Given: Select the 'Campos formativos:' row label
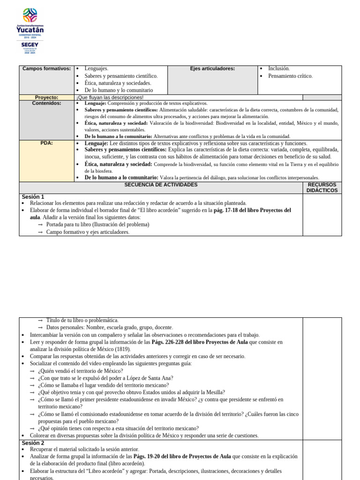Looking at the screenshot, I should tap(46, 69).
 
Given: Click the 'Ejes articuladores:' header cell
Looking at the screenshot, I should tap(212, 69).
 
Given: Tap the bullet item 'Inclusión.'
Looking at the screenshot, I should tap(279, 68).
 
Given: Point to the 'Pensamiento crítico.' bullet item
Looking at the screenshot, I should tap(290, 76).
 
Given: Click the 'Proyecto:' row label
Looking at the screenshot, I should tap(46, 97).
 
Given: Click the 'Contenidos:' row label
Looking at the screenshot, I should tap(46, 103).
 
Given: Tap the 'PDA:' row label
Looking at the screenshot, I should tap(46, 143).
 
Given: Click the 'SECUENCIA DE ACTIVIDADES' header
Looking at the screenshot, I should tap(161, 185).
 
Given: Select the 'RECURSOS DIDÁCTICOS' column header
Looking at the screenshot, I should tap(322, 187).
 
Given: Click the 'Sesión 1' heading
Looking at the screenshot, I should tap(33, 197).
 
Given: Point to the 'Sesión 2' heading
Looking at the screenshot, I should tap(33, 442).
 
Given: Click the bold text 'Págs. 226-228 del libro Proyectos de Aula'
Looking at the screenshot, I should tap(200, 342).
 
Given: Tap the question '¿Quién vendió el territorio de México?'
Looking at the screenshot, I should tap(80, 371).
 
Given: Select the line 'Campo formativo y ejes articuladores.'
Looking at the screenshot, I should tap(88, 232).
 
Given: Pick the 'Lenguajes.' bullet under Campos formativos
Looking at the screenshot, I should tap(96, 68).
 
